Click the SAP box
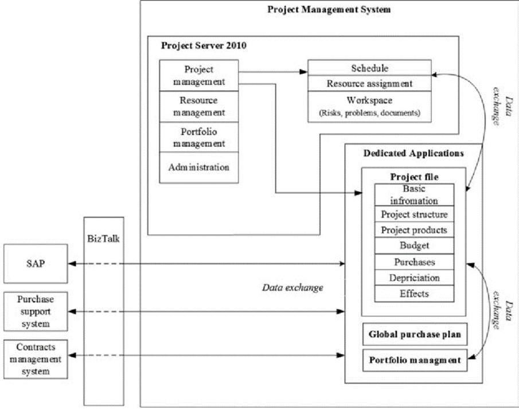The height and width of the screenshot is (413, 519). point(36,264)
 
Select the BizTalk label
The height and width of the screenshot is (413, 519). point(103,239)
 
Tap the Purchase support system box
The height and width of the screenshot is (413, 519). point(36,311)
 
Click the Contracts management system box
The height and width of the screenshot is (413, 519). point(36,359)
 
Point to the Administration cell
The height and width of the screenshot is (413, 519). point(198,167)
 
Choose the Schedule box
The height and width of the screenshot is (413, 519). point(369,68)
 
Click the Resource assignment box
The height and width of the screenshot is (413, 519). point(369,84)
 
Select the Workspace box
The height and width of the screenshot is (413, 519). point(369,107)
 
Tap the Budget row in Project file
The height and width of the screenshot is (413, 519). point(414,246)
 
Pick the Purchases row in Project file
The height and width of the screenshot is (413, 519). point(414,262)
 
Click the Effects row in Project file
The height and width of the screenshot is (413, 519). point(414,294)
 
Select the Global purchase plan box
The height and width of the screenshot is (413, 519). point(415,334)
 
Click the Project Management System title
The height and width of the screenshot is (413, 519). point(329,10)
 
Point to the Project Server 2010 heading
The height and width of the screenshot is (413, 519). point(204,45)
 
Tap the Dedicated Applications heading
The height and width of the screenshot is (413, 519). point(413,153)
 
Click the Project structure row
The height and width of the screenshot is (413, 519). point(414,215)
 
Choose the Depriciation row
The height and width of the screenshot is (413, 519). point(414,278)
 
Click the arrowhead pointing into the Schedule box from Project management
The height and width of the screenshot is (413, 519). point(303,72)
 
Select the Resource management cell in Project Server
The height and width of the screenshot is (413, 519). point(198,107)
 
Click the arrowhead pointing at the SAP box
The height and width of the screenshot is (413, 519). point(72,264)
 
